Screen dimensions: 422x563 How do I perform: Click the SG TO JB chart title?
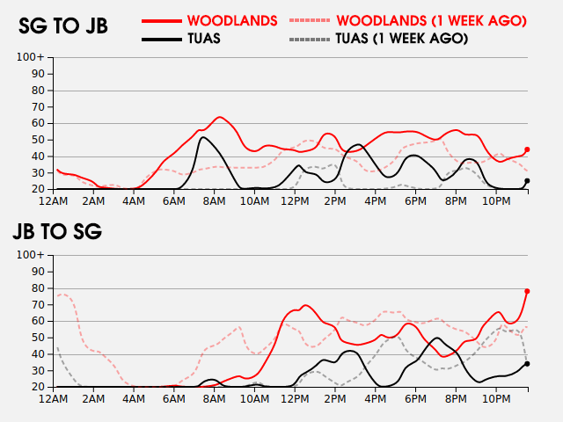coord(63,26)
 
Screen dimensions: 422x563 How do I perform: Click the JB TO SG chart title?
coord(57,232)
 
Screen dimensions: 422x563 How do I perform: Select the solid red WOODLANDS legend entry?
coord(232,19)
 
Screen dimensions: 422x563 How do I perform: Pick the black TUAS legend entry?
coord(203,39)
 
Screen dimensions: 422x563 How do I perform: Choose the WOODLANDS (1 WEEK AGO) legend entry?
coord(431,19)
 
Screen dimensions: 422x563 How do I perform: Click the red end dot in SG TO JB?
coord(527,149)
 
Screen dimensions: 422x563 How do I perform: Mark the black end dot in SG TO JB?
coord(527,181)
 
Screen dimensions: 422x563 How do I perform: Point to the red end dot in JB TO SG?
coord(527,291)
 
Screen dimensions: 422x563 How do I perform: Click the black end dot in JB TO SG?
coord(527,363)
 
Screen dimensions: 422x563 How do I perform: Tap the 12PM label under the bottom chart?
coord(294,399)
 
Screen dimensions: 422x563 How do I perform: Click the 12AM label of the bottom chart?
coord(55,399)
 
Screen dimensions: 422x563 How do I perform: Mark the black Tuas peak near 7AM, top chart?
coord(203,137)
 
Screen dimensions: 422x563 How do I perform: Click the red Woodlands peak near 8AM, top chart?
coord(219,117)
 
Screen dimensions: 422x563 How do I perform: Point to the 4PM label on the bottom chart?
coord(374,399)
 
